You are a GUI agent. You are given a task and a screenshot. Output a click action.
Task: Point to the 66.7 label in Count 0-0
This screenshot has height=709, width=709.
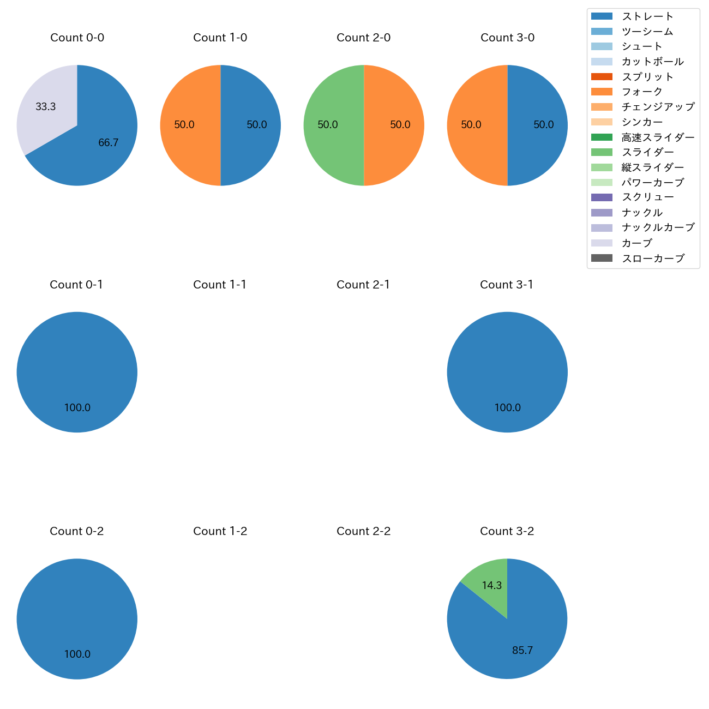point(108,143)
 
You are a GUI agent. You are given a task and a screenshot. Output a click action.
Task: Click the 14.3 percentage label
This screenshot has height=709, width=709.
point(491,585)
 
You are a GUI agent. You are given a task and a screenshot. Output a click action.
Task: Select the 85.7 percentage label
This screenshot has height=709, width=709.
point(522,651)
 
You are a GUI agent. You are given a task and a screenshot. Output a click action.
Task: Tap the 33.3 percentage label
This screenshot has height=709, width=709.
point(46,107)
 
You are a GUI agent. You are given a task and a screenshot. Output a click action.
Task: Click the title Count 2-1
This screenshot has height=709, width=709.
point(363,285)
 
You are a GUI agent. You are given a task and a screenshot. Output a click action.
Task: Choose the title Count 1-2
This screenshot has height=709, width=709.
point(220,531)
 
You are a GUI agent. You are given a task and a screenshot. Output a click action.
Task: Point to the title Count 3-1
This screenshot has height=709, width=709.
point(507,285)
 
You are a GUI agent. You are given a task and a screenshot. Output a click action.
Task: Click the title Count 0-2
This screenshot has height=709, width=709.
point(76,531)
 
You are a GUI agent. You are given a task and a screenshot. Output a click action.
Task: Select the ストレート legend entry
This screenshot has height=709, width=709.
point(647,16)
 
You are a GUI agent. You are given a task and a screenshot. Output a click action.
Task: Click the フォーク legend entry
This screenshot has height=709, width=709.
point(642,92)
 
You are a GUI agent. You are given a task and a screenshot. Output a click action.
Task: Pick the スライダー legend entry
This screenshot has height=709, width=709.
point(647,152)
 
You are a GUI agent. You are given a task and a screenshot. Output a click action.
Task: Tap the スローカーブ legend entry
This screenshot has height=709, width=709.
point(653,259)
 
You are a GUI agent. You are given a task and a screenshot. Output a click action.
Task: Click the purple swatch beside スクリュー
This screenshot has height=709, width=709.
point(602,197)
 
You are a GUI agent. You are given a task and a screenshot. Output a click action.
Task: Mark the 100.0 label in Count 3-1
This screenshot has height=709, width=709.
point(507,408)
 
